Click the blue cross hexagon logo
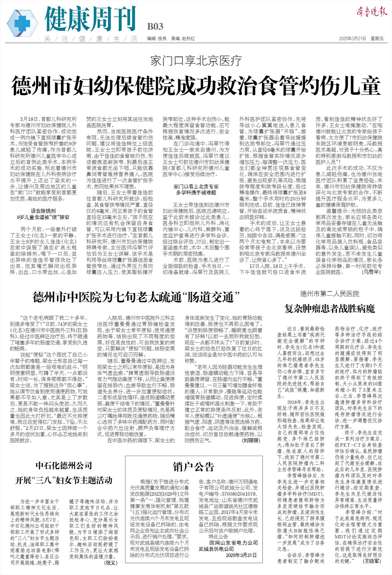click(22, 21)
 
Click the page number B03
click(155, 26)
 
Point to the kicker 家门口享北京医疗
click(196, 61)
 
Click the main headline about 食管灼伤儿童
click(196, 85)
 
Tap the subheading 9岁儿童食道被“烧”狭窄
click(43, 217)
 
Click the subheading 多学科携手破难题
click(196, 193)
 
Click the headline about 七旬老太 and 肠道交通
click(136, 297)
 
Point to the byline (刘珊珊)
click(251, 440)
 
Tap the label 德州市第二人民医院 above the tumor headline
click(330, 294)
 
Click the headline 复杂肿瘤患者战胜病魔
click(330, 309)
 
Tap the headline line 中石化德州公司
click(64, 465)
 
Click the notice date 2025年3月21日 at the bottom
click(241, 555)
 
